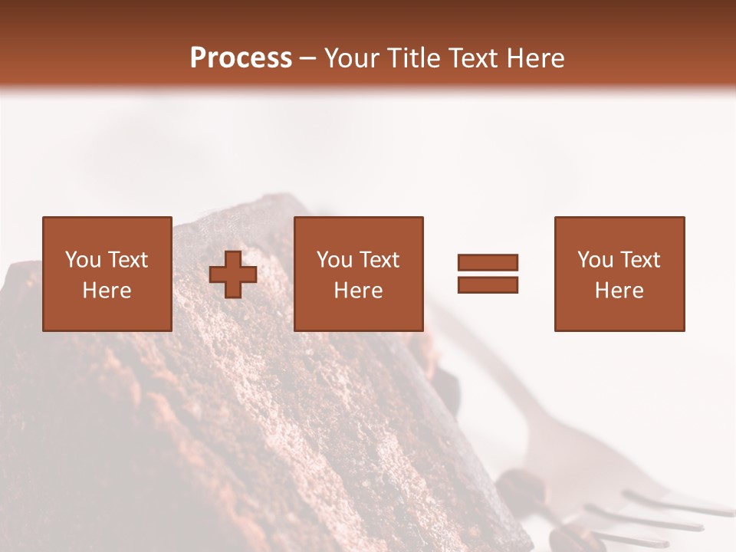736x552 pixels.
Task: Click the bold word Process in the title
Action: tap(241, 58)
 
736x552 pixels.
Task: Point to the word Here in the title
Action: tap(534, 58)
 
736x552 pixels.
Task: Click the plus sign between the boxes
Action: tap(233, 274)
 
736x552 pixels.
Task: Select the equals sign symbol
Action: tap(488, 274)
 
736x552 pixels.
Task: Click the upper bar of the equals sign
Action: tap(488, 263)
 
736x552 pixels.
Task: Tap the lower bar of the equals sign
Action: tap(488, 284)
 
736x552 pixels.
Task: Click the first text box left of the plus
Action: tap(107, 274)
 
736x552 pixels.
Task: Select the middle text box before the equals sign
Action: tap(359, 274)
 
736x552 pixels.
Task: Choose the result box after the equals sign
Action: tap(619, 274)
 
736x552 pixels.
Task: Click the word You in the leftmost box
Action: tap(83, 260)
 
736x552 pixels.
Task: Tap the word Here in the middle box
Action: tap(359, 291)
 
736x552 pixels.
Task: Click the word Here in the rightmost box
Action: tap(619, 291)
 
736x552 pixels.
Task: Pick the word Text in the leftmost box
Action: tap(127, 260)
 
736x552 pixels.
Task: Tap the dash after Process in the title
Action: tap(308, 59)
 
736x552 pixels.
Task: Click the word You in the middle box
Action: tap(334, 260)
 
